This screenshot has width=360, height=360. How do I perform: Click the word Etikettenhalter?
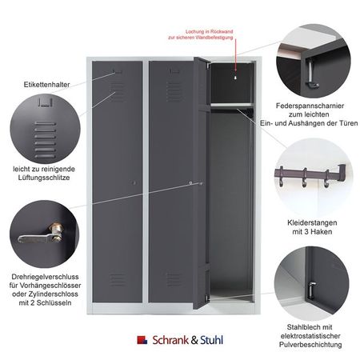(46, 85)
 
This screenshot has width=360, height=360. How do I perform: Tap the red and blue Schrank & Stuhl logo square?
(142, 340)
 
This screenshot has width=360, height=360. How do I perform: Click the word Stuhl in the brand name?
(211, 340)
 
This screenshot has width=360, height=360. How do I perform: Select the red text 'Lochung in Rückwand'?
(210, 31)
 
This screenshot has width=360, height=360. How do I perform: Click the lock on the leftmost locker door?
(134, 183)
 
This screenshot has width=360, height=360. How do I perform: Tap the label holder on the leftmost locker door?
(118, 71)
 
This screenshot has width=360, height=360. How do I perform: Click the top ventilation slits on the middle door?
(174, 91)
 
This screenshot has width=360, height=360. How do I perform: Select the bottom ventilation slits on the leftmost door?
(118, 280)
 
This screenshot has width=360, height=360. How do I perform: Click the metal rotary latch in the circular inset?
(42, 234)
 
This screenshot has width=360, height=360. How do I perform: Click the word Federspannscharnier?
(310, 106)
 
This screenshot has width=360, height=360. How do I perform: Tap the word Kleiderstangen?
(312, 222)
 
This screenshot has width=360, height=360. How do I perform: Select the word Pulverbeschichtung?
(310, 345)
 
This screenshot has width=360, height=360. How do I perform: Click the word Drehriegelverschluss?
(45, 277)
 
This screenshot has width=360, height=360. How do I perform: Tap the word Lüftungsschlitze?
(44, 178)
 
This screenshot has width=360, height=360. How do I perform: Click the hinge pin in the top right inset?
(311, 74)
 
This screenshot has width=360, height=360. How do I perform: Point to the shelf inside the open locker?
(231, 105)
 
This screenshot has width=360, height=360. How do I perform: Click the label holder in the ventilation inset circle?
(45, 102)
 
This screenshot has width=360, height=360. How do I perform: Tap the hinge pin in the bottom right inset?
(311, 290)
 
